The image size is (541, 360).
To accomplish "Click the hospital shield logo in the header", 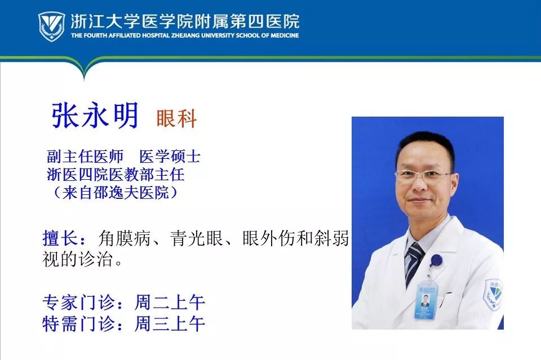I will [x=51, y=26].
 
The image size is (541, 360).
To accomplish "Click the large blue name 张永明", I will [x=95, y=116].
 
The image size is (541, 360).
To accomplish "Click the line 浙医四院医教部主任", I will [x=116, y=175].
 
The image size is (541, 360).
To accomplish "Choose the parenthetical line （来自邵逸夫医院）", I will [x=113, y=193].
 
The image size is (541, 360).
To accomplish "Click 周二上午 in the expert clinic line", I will [x=170, y=303].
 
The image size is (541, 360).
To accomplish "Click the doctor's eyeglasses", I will [x=423, y=175].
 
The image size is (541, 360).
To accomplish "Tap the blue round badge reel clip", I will [x=436, y=260].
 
